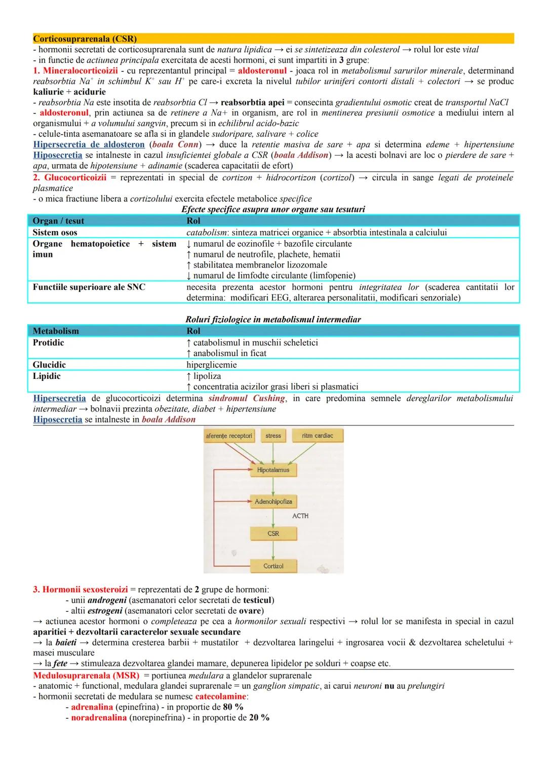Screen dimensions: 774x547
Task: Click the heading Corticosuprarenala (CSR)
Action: tap(85, 38)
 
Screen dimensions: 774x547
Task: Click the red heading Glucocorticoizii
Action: tap(75, 177)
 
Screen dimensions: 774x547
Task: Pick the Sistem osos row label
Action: tap(55, 233)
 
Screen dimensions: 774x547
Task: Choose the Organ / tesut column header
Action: tap(58, 221)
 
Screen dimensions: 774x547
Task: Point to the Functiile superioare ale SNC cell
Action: tap(89, 287)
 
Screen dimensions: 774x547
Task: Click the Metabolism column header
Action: tap(56, 331)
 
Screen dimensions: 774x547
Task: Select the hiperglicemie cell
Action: tap(211, 365)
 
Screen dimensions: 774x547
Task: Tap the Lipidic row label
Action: tap(47, 376)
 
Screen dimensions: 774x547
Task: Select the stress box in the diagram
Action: tap(273, 436)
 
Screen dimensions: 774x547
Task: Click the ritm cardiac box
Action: tap(318, 436)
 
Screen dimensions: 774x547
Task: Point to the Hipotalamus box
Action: tap(273, 470)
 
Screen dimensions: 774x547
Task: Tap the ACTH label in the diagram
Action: tap(300, 516)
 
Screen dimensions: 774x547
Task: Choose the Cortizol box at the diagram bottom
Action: tap(273, 566)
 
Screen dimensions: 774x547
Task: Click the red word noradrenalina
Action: tap(99, 717)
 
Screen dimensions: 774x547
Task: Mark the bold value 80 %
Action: tap(233, 707)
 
